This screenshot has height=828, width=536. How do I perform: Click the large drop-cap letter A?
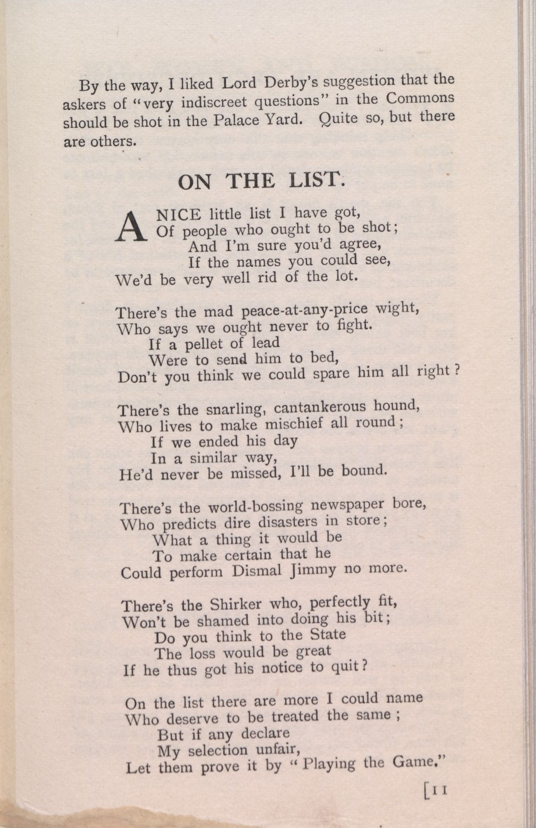(131, 228)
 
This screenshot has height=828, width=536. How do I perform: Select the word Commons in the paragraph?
(420, 99)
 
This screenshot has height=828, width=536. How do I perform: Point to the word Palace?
(236, 121)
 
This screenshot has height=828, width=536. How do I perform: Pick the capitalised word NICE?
(178, 214)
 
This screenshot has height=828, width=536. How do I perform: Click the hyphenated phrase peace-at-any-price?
(305, 310)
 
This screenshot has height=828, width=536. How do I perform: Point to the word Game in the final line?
(416, 762)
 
